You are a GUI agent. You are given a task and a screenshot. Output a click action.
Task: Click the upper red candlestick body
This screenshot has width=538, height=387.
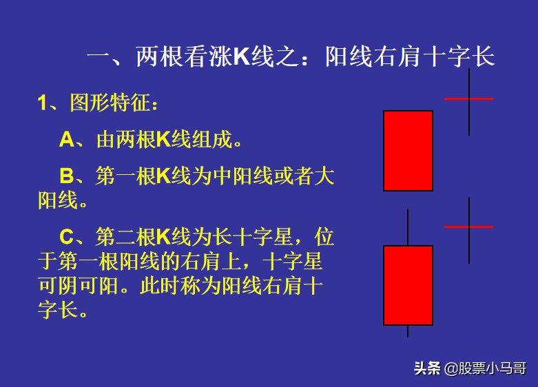click(408, 151)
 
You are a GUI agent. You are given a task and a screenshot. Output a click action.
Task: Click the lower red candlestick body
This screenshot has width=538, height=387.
click(408, 286)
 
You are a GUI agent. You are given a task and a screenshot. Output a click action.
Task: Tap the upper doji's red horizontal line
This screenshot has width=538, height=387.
click(468, 98)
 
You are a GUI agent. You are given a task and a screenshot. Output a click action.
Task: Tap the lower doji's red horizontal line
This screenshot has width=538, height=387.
click(468, 227)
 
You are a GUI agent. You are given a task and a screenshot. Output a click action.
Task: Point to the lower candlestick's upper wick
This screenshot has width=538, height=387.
click(408, 227)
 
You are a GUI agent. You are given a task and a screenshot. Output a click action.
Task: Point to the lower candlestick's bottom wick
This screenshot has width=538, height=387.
click(408, 331)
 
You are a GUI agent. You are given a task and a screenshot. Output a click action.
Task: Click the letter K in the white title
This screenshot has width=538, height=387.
click(242, 56)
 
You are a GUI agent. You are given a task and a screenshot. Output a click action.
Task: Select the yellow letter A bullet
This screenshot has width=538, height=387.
click(67, 140)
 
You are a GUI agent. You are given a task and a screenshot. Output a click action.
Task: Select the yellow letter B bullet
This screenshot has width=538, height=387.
click(67, 176)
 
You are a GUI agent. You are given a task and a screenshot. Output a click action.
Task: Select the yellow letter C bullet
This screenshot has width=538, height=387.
click(67, 237)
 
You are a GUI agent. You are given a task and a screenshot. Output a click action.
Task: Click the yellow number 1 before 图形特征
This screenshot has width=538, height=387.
click(42, 103)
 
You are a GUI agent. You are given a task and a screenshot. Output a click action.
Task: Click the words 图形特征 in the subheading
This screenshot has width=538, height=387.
click(110, 102)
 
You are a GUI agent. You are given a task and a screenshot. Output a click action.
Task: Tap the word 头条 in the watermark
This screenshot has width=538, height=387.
click(427, 368)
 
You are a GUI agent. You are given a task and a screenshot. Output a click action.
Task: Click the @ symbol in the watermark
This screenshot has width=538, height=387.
click(451, 369)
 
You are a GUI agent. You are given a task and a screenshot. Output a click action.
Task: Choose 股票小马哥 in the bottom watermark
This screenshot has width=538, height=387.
click(493, 368)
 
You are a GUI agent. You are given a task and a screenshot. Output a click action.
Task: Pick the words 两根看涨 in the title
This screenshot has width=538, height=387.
click(184, 56)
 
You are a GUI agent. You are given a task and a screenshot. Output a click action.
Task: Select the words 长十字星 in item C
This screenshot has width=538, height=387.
click(253, 237)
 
